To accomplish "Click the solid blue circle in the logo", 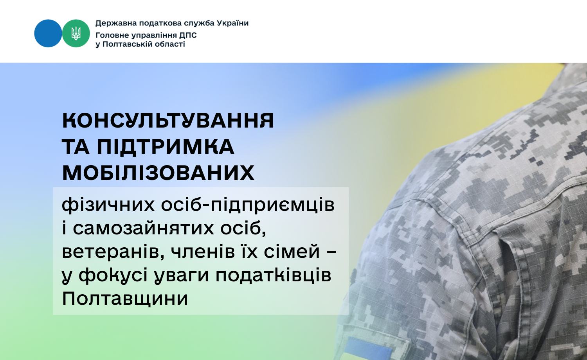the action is pyautogui.click(x=48, y=33).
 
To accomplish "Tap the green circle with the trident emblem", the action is pyautogui.click(x=76, y=33).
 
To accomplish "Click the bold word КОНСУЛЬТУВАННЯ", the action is pyautogui.click(x=168, y=121).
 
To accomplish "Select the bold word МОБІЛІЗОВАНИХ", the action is pyautogui.click(x=158, y=173).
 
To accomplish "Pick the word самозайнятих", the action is pyautogui.click(x=144, y=229).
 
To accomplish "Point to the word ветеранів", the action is pyautogui.click(x=113, y=252).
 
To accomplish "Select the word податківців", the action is pyautogui.click(x=273, y=275).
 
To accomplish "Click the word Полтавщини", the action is pyautogui.click(x=125, y=299).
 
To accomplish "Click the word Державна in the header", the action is pyautogui.click(x=116, y=23).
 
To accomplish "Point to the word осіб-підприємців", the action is pyautogui.click(x=248, y=205).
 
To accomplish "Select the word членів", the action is pyautogui.click(x=203, y=252).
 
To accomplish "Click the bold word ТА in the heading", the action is pyautogui.click(x=76, y=147).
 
